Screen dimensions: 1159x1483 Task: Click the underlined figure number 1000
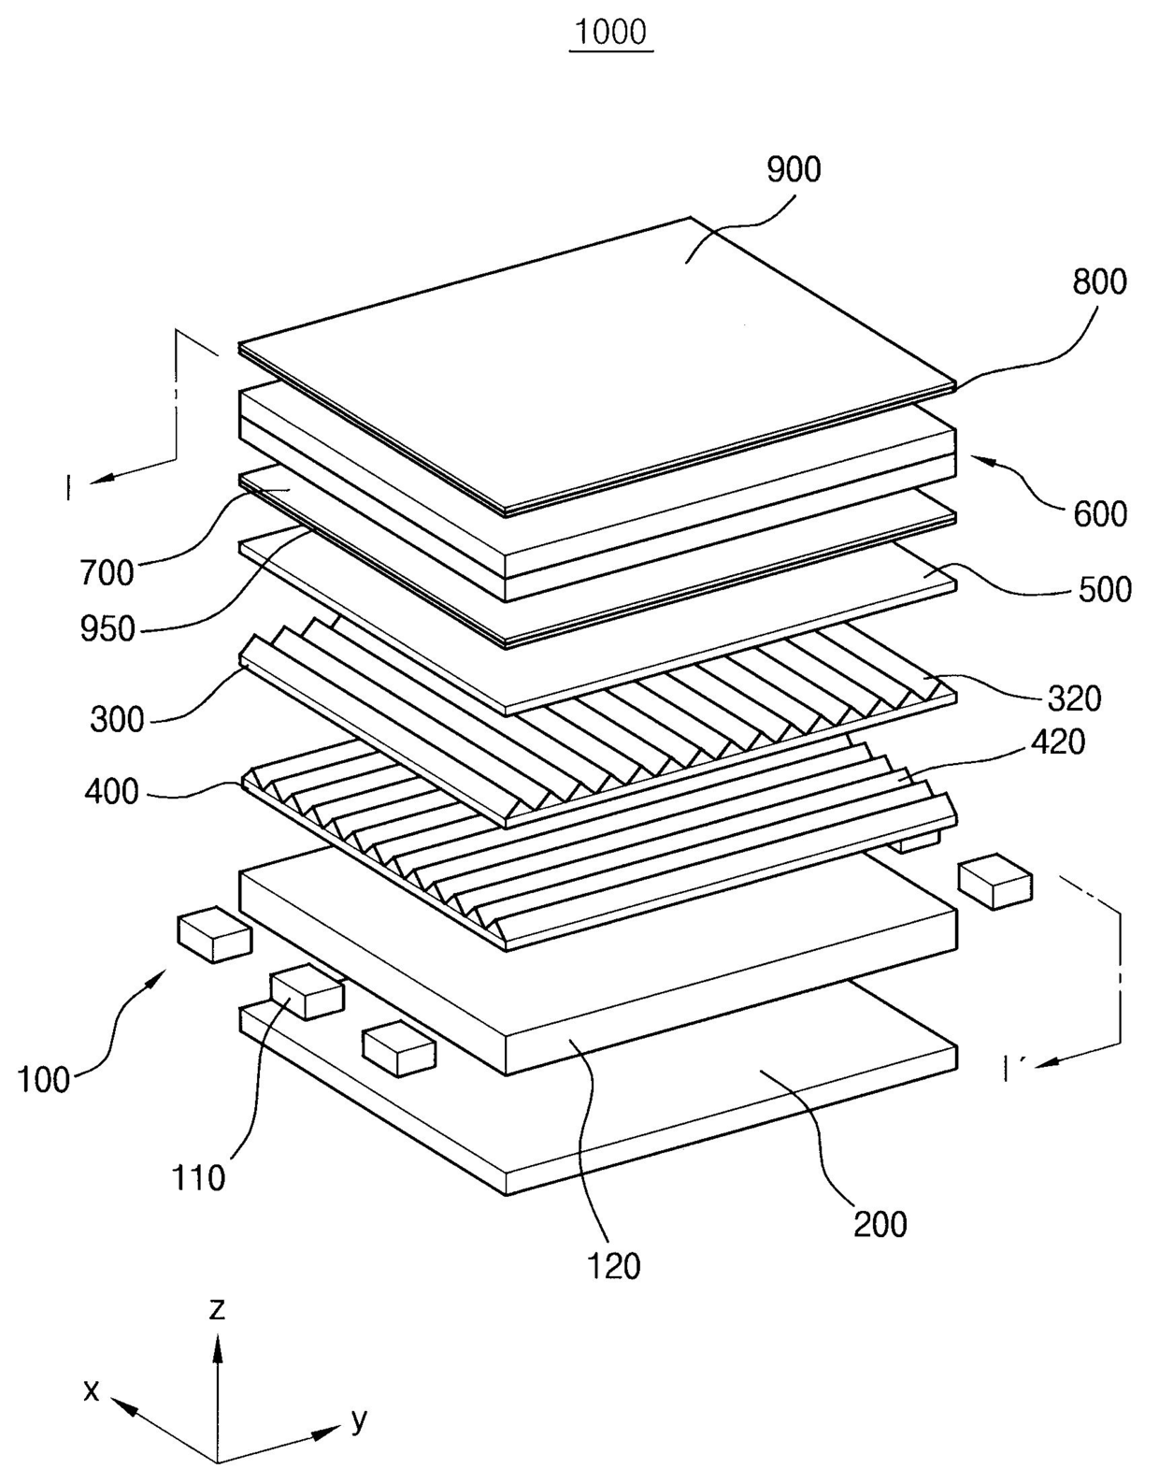[610, 32]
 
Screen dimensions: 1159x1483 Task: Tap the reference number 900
[794, 169]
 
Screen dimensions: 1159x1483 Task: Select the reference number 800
[1099, 281]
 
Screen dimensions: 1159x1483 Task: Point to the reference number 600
[1100, 514]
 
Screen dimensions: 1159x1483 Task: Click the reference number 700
[107, 572]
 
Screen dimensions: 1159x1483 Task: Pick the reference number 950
[107, 628]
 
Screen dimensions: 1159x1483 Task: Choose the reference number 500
[1105, 589]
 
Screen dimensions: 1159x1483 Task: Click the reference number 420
[1057, 741]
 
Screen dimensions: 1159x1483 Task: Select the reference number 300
[118, 720]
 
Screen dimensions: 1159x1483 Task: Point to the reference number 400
[111, 792]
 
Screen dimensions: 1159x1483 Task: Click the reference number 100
[43, 1080]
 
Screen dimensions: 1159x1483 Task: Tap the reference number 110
[198, 1178]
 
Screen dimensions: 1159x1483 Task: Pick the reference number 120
[614, 1267]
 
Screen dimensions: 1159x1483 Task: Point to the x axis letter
[91, 1390]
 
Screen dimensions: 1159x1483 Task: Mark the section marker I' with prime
[1012, 1069]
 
